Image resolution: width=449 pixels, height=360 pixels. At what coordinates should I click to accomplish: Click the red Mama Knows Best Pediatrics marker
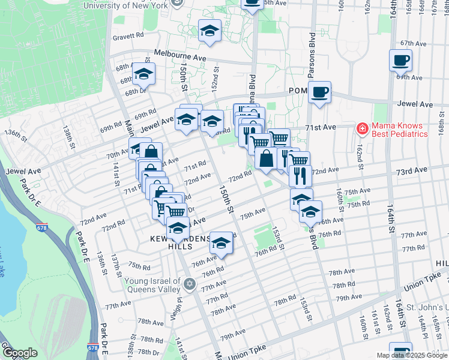coord(362,128)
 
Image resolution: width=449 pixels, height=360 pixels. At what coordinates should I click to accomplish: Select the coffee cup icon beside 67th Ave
coord(400,60)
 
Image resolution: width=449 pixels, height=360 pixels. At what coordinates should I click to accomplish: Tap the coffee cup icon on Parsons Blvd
coord(320,92)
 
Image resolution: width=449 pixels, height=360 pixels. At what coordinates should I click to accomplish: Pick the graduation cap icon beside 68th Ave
coord(143,74)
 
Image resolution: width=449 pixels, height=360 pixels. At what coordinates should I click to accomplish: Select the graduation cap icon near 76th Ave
coord(221,243)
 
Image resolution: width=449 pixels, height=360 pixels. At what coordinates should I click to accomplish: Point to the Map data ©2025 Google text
coord(411,355)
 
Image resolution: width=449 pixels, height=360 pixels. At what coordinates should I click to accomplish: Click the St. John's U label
coord(427,309)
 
